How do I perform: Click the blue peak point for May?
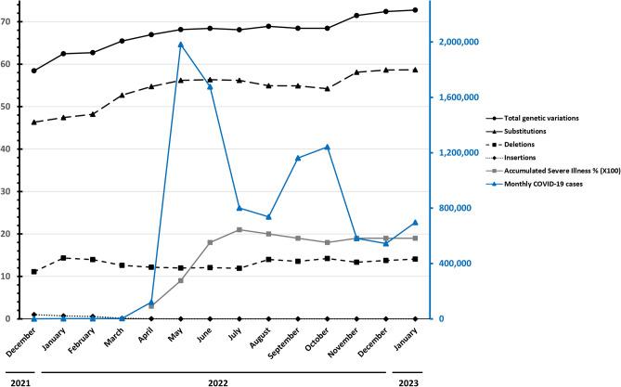click(181, 44)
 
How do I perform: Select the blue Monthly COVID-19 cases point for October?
click(328, 147)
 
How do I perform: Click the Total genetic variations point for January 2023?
click(415, 10)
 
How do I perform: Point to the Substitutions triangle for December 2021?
click(34, 123)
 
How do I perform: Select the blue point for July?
click(239, 208)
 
